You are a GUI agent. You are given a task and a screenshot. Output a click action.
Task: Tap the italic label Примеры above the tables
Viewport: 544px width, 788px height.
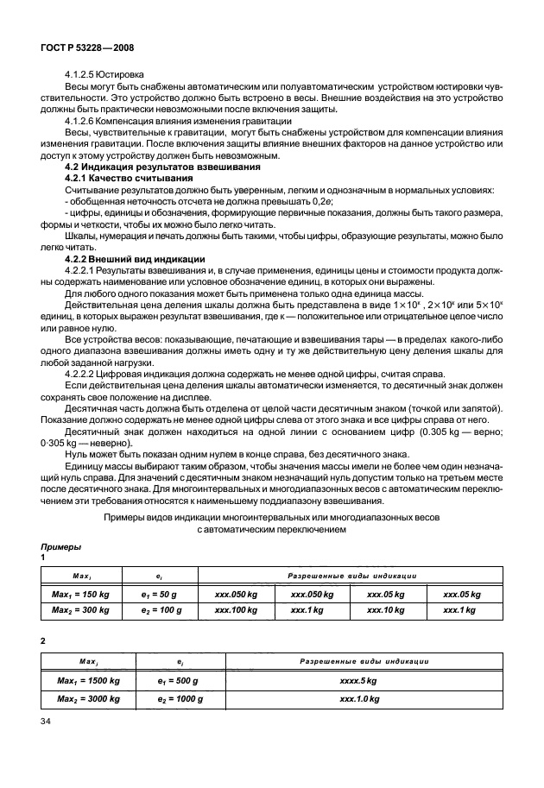pyautogui.click(x=61, y=547)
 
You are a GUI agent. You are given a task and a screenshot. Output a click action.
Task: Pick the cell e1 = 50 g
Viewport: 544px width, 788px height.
pyautogui.click(x=158, y=595)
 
